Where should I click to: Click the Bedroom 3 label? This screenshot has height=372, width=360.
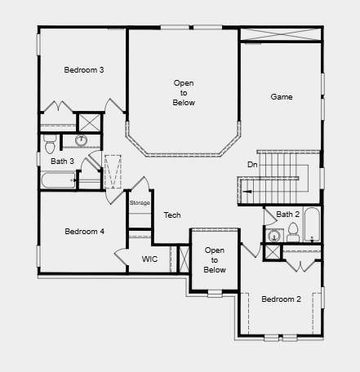coord(84,70)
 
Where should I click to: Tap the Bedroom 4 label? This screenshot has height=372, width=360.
coord(84,232)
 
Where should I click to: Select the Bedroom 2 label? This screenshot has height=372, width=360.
coord(281,299)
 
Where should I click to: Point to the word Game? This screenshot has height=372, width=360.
coord(282,97)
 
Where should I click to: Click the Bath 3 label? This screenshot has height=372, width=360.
coord(62,162)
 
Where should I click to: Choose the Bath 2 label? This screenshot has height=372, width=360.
coord(288,215)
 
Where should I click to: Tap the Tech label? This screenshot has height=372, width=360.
coord(172,215)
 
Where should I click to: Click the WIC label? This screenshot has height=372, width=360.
coord(149,259)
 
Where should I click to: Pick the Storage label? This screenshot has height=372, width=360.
coord(140,202)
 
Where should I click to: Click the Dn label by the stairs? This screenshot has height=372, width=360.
coord(253,165)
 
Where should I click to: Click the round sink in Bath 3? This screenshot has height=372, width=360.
coord(81,140)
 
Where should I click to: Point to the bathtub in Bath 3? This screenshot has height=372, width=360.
coord(59,179)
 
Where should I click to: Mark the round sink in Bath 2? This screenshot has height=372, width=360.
coord(274,237)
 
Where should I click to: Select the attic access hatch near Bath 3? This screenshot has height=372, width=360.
coord(112,171)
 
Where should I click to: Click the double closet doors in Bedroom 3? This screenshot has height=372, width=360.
coord(60,109)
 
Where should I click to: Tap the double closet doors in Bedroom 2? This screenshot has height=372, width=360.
coord(302,264)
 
